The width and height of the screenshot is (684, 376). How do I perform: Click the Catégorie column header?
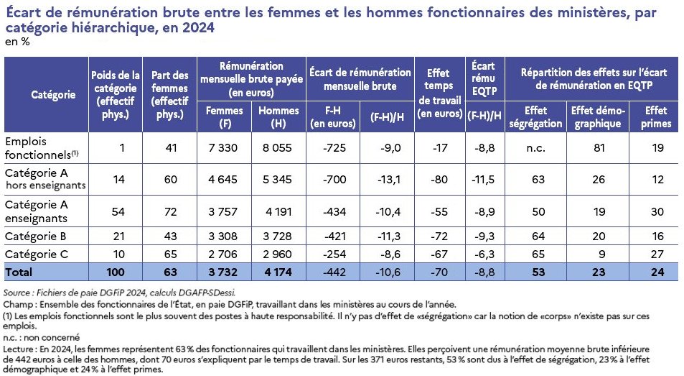click(53, 94)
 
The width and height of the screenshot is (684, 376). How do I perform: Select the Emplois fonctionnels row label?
click(42, 148)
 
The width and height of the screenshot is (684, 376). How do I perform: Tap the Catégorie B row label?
click(35, 237)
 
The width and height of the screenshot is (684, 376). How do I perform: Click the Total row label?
click(19, 272)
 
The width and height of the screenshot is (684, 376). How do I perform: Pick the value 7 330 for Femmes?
click(223, 147)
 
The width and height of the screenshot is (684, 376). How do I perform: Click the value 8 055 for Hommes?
click(277, 147)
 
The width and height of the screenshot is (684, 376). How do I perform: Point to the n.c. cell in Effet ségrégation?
click(535, 147)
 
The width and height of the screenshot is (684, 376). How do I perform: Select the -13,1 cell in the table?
click(388, 180)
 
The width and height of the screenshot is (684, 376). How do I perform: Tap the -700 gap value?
click(334, 180)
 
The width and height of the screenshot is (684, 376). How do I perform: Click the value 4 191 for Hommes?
click(278, 212)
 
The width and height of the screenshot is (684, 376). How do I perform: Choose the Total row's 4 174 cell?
click(278, 272)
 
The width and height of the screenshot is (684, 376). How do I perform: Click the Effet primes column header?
click(655, 116)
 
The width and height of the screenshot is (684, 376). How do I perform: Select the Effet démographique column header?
click(598, 116)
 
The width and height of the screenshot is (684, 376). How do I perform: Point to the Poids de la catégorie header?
click(115, 95)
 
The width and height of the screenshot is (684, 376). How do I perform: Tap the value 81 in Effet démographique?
click(599, 147)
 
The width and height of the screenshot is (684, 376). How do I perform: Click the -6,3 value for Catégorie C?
click(484, 255)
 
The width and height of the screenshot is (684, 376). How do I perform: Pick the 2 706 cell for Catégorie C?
click(223, 255)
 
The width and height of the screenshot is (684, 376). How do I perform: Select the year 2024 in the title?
click(198, 27)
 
